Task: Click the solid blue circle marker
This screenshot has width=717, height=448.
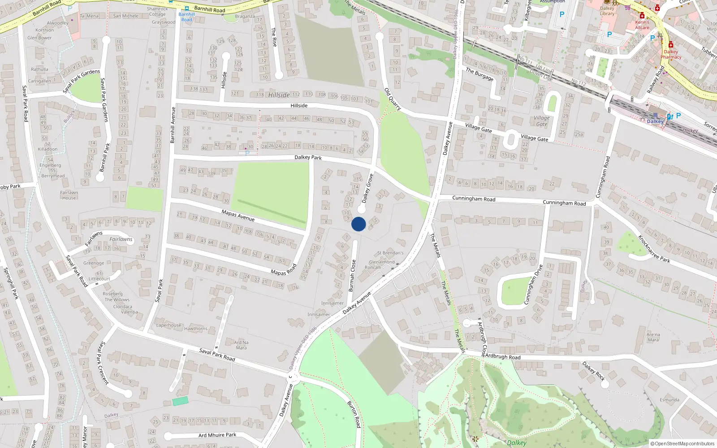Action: point(358,224)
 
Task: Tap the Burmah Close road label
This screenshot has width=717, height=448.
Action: point(352,276)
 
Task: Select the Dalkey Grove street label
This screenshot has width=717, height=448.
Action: point(367,189)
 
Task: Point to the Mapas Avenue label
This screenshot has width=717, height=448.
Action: point(238,215)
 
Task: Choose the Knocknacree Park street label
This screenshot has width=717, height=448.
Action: point(654,249)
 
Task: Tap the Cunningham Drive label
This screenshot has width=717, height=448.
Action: point(533,284)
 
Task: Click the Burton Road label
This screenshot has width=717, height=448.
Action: point(354,414)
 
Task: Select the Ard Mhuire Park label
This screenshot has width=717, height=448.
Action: point(217,435)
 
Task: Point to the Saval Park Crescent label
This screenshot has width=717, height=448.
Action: point(104,362)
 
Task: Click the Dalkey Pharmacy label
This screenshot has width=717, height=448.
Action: point(671,54)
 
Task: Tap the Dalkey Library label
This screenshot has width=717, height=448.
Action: point(607,11)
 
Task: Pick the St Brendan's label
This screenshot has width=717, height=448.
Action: point(390,253)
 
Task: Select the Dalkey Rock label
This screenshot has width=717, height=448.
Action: point(594,371)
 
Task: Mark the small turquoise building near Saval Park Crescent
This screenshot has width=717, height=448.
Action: point(180,401)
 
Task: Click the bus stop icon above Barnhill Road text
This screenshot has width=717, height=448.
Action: point(187,8)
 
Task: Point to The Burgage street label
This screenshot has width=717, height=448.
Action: point(479,74)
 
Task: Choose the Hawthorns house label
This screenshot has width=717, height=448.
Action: point(196,329)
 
